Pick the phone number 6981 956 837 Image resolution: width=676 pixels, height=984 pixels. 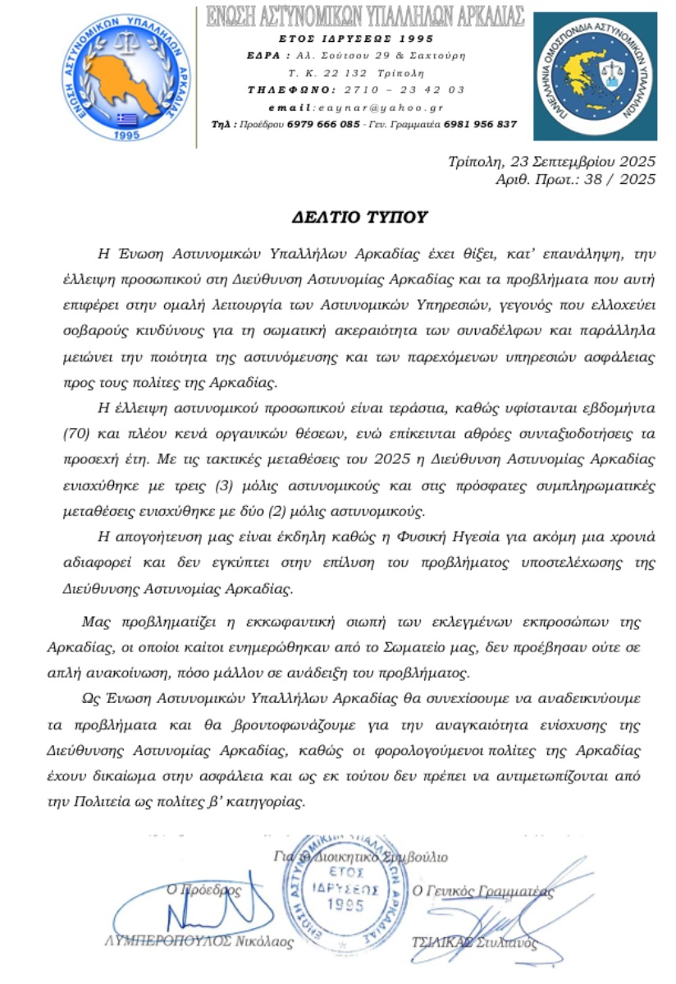(480, 124)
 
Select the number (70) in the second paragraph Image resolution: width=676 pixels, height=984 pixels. (78, 433)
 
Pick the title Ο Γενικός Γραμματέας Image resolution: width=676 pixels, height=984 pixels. (483, 891)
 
